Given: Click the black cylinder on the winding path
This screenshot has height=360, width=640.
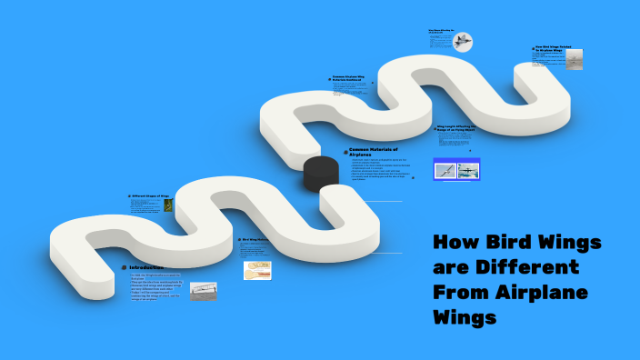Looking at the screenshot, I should click(x=319, y=173).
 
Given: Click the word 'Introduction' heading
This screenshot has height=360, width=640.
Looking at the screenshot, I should click(x=146, y=267).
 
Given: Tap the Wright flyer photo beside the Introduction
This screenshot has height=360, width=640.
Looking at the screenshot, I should click(x=204, y=291).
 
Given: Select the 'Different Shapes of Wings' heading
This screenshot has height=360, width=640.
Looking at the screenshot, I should click(x=151, y=195).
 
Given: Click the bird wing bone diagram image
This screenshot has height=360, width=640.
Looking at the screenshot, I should click(x=257, y=270).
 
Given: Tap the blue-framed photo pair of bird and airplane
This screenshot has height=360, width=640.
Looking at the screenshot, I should click(x=456, y=169).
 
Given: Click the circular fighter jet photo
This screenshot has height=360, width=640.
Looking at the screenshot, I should click(x=463, y=42).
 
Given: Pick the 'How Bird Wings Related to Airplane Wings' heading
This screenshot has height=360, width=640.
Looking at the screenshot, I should click(x=552, y=48).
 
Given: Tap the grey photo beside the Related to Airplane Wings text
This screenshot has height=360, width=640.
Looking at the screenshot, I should click(x=575, y=59).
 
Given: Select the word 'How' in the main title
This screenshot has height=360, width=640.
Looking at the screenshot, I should click(x=452, y=244).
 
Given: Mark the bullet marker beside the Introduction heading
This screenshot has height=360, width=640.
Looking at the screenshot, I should click(x=124, y=267).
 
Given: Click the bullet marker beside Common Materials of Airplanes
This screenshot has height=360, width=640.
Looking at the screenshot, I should click(x=345, y=151).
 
